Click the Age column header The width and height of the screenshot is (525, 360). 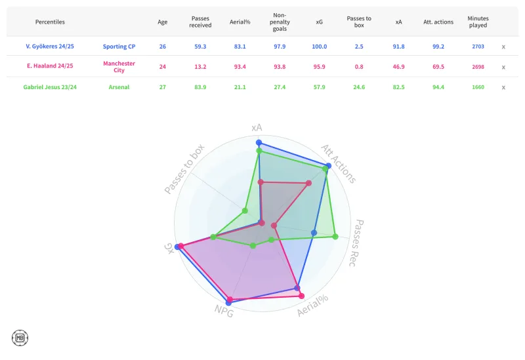(x=163, y=22)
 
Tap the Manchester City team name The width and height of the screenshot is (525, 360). (x=119, y=67)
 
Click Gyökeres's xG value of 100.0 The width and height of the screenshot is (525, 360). (x=320, y=47)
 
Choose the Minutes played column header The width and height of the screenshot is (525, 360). (x=478, y=22)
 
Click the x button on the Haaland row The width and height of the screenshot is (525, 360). (x=503, y=67)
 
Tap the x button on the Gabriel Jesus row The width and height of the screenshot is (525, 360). (x=503, y=87)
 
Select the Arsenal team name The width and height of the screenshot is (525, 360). (x=119, y=87)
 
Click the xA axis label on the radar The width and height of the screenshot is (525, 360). (x=258, y=127)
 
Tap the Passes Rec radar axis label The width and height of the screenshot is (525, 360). (x=364, y=239)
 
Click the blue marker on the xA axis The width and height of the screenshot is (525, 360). (x=259, y=142)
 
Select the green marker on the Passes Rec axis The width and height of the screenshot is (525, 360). (x=335, y=236)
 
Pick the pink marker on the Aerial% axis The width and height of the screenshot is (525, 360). (x=302, y=296)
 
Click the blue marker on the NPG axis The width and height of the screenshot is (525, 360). (x=228, y=302)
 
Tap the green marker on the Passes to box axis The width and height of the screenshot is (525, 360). (x=245, y=210)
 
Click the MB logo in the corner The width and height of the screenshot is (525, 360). (x=20, y=338)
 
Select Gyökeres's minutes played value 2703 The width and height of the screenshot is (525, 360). (x=478, y=47)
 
